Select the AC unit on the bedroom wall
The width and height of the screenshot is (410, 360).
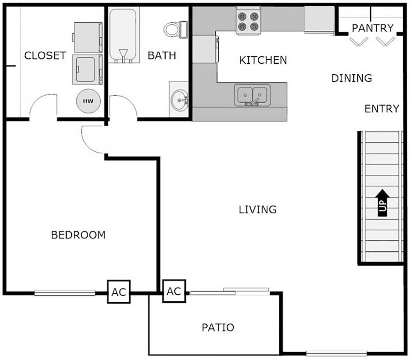(119, 292)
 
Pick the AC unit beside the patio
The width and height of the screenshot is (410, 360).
(174, 291)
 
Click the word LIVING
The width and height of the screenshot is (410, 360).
(257, 210)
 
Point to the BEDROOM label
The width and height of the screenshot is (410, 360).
(78, 235)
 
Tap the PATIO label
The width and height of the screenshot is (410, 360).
(218, 328)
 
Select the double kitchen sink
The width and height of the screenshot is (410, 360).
(252, 95)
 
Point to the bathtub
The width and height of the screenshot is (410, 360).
(123, 35)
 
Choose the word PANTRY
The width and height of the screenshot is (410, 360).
(373, 28)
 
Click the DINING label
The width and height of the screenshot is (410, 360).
(352, 78)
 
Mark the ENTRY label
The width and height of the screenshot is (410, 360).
(382, 109)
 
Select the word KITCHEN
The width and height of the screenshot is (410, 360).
(263, 60)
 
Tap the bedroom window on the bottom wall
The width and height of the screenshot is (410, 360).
(64, 293)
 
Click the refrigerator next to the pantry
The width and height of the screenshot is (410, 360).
(319, 19)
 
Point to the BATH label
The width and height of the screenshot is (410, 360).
(162, 55)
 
